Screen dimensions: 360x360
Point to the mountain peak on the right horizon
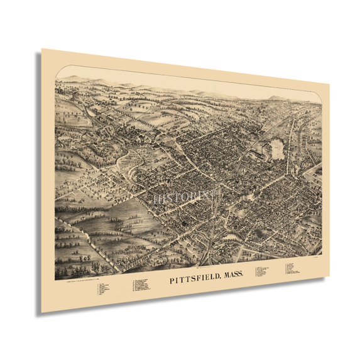pos(275,99)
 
